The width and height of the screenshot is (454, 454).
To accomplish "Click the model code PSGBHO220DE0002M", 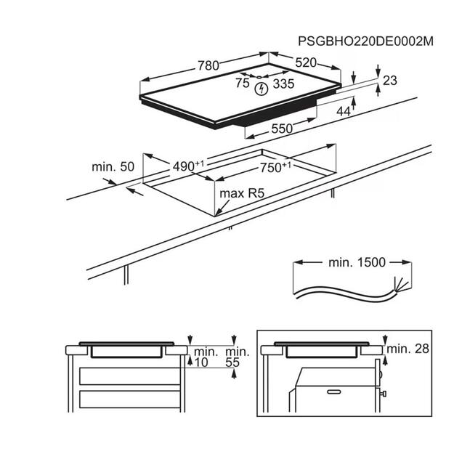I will (365, 41).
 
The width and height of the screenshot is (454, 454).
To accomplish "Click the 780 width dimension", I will (208, 65).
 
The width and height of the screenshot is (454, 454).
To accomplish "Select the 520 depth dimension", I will (305, 63).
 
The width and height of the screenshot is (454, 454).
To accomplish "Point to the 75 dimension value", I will (242, 84).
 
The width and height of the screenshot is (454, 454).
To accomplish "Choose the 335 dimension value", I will (284, 84).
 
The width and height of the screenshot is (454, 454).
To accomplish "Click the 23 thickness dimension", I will (389, 81).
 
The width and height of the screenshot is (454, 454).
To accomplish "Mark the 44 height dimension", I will (344, 111).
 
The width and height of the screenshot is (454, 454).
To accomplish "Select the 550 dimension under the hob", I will (281, 128).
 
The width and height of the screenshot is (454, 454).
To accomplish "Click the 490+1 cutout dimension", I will (188, 166).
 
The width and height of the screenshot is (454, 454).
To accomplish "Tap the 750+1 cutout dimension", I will (275, 167).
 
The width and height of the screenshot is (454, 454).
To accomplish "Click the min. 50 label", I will (113, 167).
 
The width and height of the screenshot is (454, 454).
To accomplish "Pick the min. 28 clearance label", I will (408, 349).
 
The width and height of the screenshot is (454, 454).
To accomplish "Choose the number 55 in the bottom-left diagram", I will (232, 362).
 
